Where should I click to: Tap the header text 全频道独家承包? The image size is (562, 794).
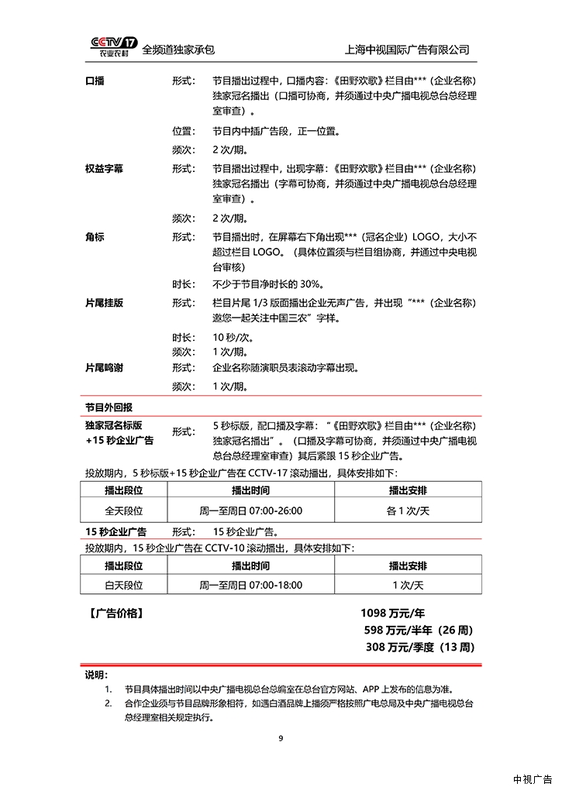click(x=178, y=50)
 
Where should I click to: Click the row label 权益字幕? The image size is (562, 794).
click(x=105, y=168)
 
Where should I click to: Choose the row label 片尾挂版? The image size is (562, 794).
click(x=105, y=303)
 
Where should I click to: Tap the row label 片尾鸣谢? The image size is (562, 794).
click(x=105, y=368)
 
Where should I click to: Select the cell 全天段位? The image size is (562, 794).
click(x=125, y=510)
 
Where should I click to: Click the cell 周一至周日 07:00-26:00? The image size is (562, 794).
click(x=251, y=510)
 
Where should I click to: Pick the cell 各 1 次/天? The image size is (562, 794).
click(x=408, y=510)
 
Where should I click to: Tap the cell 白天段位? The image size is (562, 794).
click(x=125, y=585)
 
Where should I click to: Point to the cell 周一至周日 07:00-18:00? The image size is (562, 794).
click(x=251, y=585)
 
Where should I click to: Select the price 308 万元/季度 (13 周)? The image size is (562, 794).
click(x=419, y=647)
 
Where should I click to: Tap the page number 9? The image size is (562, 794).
click(x=281, y=738)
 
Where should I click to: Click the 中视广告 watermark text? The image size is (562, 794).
click(x=532, y=779)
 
